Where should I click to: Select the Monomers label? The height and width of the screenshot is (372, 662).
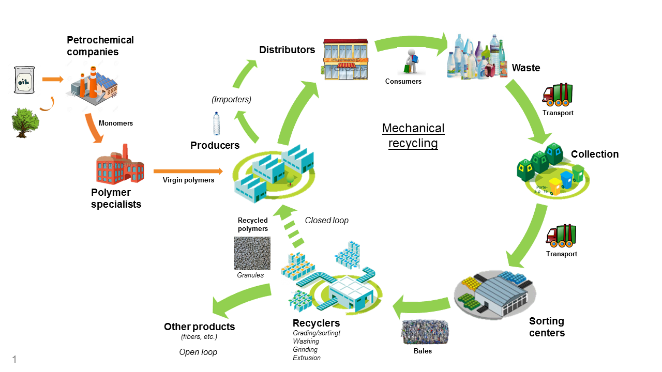(x=116, y=123)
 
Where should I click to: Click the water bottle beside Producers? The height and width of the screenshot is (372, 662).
(x=217, y=124)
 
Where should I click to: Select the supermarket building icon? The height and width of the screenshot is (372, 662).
(x=345, y=59)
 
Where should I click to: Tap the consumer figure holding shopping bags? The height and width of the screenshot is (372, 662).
(x=410, y=61)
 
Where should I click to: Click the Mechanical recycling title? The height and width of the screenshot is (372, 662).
(x=413, y=136)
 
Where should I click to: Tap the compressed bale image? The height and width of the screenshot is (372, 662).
(x=424, y=333)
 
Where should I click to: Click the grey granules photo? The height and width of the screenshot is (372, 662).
(x=252, y=253)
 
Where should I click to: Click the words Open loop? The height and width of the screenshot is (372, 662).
(x=198, y=352)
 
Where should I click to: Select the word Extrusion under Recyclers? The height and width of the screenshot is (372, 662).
(x=307, y=358)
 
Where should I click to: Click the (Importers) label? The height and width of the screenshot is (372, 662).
(x=231, y=99)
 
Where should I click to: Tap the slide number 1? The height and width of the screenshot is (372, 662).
(x=14, y=360)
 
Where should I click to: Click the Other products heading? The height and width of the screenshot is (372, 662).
(x=199, y=327)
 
